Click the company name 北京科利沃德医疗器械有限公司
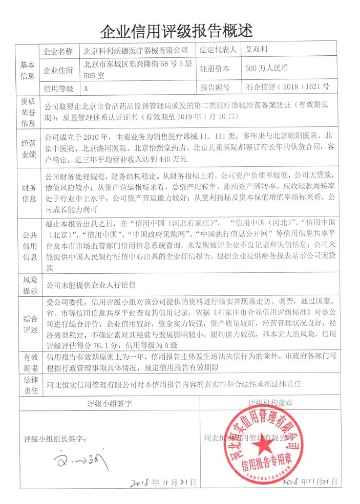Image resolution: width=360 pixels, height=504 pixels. [136, 51]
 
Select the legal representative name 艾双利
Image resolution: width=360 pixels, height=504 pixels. [257, 51]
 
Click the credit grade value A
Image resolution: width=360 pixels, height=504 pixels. [86, 87]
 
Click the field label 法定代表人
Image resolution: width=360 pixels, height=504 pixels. [218, 51]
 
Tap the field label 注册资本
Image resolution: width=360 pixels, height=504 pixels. [215, 69]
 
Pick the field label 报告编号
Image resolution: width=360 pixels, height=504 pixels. [215, 87]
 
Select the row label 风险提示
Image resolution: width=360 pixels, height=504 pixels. [28, 286]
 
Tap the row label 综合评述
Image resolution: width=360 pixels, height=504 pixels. [28, 324]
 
